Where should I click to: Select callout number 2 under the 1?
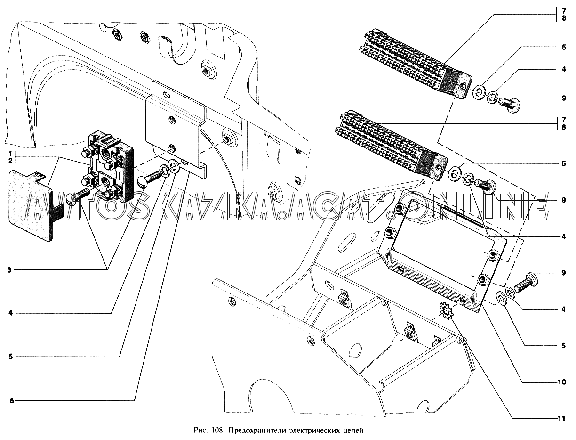click(x=9, y=161)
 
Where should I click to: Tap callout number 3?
click(x=9, y=270)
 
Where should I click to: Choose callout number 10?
click(x=562, y=383)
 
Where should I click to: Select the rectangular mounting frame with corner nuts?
click(x=442, y=254)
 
